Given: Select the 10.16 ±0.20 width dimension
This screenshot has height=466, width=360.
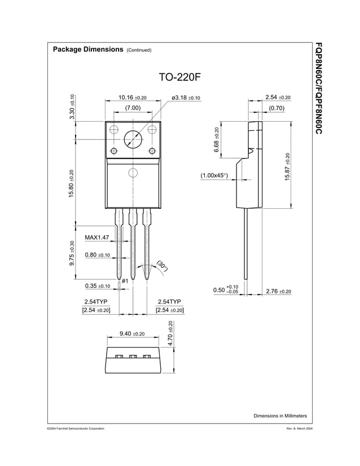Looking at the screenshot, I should point(133,98).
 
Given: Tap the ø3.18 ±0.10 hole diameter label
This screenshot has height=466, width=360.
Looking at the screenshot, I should point(186,98).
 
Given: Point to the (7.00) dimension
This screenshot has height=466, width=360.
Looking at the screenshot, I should point(133,108).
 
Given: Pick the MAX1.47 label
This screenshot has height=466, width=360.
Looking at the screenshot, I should point(96,238).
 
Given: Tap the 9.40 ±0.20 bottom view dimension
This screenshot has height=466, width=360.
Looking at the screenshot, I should point(132,334).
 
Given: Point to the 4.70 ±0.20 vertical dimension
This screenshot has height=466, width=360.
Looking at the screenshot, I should point(171,333).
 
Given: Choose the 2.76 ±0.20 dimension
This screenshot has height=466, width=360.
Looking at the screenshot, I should point(278,291).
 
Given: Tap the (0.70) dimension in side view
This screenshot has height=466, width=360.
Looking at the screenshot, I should point(277,108).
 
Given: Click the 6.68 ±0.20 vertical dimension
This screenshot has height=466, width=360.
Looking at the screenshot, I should point(217,139).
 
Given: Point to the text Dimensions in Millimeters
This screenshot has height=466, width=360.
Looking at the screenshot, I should point(280,416).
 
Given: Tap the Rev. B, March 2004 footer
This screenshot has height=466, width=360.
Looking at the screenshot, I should point(300,429).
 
